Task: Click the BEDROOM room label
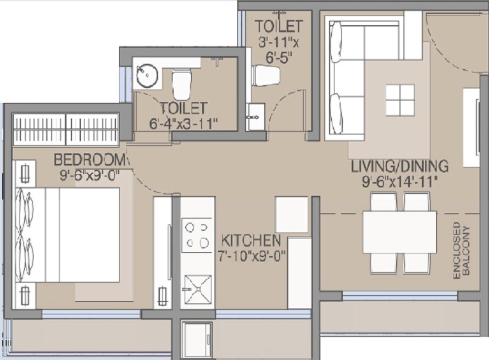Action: coord(90,160)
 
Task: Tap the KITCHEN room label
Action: coord(251,241)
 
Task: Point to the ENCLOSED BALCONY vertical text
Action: coord(462,250)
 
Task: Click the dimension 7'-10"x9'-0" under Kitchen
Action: coord(251,256)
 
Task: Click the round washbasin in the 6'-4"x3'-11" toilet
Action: coord(147,76)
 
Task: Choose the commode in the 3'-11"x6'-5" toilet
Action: coord(266,75)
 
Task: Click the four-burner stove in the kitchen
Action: coord(197,235)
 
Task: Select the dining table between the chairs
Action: coord(399,232)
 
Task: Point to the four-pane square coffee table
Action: coord(400,100)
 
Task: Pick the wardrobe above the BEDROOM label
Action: coord(66,129)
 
